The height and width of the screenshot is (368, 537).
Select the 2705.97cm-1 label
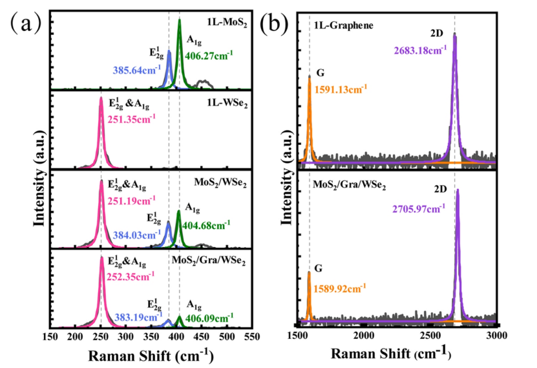point(423,210)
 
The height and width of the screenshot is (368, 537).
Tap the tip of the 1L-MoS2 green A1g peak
point(180,19)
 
